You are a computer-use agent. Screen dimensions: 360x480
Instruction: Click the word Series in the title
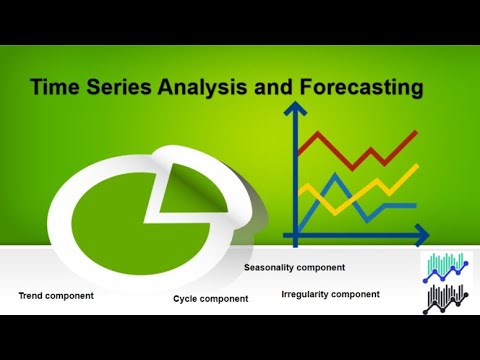click(117, 88)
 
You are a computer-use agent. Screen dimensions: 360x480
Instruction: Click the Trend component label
click(56, 295)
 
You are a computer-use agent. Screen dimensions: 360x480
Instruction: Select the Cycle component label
click(211, 299)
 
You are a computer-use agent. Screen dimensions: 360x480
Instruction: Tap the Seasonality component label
click(294, 267)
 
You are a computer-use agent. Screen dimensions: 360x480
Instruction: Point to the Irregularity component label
click(330, 294)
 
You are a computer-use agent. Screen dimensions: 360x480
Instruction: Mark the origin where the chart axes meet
click(295, 236)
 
